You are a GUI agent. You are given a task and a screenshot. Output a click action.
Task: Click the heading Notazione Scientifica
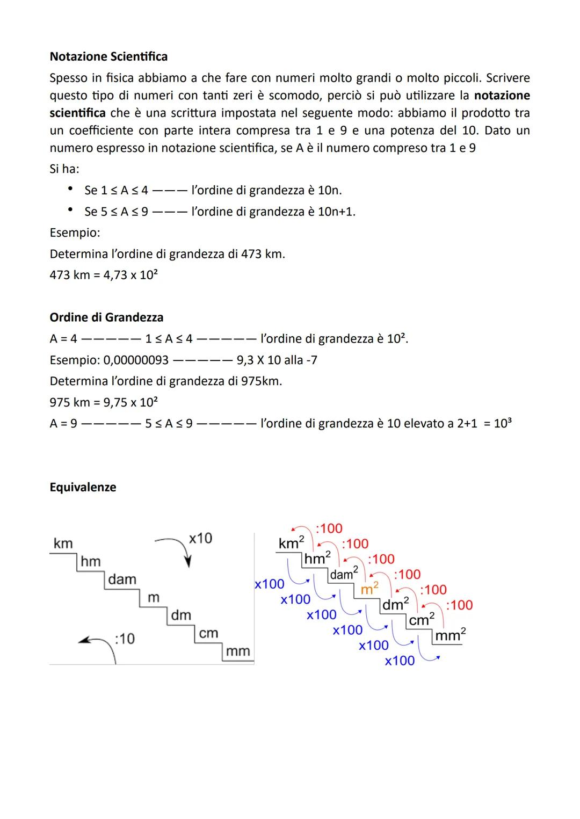click(108, 56)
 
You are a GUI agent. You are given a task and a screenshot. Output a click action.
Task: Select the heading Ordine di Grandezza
click(106, 317)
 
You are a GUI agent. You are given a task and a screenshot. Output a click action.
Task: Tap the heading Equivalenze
click(83, 487)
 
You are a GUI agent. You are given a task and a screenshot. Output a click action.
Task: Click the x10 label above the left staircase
click(200, 538)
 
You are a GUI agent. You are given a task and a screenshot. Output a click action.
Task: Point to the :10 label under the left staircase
click(125, 639)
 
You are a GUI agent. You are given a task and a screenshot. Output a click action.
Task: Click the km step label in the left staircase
click(63, 543)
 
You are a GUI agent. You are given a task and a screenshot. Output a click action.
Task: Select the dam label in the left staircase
click(122, 579)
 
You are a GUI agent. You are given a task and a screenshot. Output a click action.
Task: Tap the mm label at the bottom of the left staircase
click(238, 651)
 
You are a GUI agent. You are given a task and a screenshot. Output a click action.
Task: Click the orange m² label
click(369, 589)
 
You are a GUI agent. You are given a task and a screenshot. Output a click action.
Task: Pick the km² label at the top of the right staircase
click(291, 543)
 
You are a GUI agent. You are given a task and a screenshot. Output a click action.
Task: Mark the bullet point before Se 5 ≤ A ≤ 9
click(70, 211)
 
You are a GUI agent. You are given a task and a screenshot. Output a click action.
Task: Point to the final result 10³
click(502, 424)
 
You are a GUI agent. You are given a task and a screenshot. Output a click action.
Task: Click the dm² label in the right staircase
click(395, 604)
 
